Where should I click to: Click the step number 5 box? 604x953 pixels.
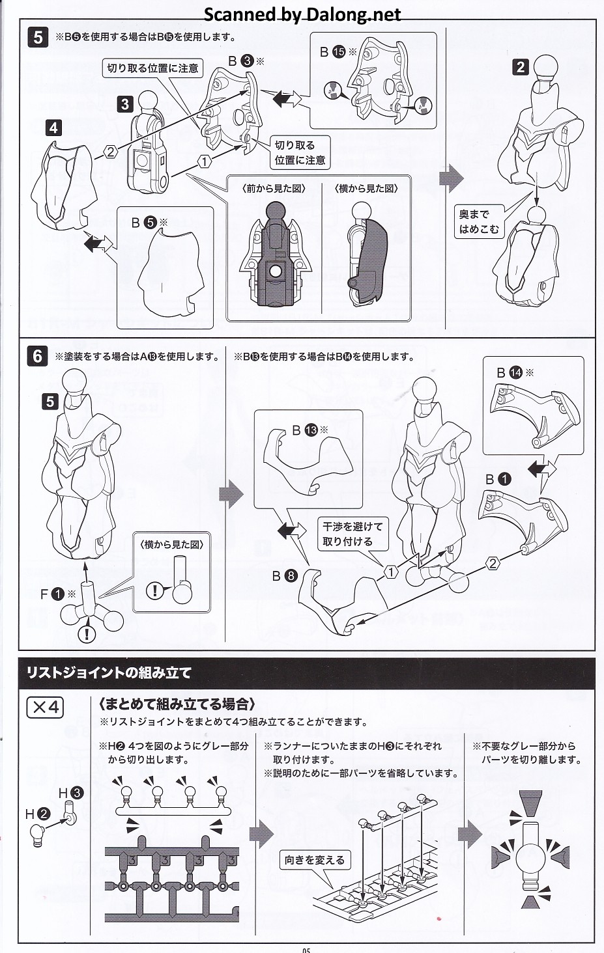point(38,38)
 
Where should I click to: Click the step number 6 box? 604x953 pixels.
point(38,356)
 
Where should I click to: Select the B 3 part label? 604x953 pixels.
point(246,61)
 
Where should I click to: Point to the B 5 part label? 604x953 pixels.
point(149,222)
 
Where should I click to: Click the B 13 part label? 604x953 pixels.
point(310,430)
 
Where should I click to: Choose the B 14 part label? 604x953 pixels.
point(515,373)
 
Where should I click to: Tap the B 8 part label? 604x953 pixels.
point(285,576)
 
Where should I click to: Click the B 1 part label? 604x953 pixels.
point(498,480)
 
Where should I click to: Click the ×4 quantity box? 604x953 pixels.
point(45,707)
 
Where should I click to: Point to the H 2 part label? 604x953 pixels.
point(38,814)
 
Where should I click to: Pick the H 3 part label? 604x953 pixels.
point(71,793)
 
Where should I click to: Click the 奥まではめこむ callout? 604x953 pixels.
point(479,222)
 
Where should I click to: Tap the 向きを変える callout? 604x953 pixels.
point(315,860)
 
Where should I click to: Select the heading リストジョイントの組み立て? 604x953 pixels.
point(109,672)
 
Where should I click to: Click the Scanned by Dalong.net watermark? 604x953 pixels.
point(302,14)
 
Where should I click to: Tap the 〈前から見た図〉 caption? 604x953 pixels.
point(274,189)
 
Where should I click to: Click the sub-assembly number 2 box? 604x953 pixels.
point(521,67)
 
